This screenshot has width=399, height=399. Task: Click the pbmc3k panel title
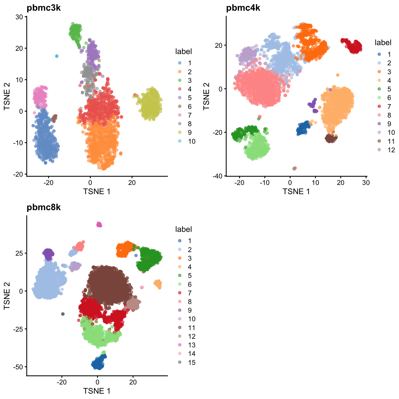click(44, 8)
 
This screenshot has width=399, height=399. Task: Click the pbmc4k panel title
click(243, 8)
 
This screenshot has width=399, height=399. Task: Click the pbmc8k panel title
click(44, 207)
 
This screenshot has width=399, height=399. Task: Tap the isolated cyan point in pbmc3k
click(57, 56)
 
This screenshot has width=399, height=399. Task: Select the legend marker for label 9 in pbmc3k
click(180, 132)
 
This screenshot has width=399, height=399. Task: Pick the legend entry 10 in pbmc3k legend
click(191, 141)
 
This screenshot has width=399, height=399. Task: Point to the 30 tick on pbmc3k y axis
click(19, 17)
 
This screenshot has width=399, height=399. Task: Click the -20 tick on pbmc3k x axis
click(48, 183)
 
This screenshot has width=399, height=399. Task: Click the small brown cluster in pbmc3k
click(54, 118)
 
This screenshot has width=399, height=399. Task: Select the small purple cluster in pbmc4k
click(312, 105)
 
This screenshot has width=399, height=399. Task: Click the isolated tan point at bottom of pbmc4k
click(294, 168)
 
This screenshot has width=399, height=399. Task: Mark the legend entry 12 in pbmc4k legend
click(391, 150)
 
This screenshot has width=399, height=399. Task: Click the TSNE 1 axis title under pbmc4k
click(296, 191)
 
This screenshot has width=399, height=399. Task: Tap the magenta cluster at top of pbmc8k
click(99, 224)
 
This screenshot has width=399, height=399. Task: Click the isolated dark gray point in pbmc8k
click(63, 314)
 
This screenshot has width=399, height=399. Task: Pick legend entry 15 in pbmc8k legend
click(191, 362)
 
